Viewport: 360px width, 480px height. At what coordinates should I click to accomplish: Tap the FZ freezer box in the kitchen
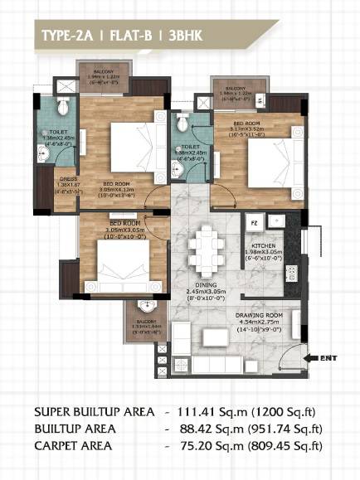click(x=255, y=223)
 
